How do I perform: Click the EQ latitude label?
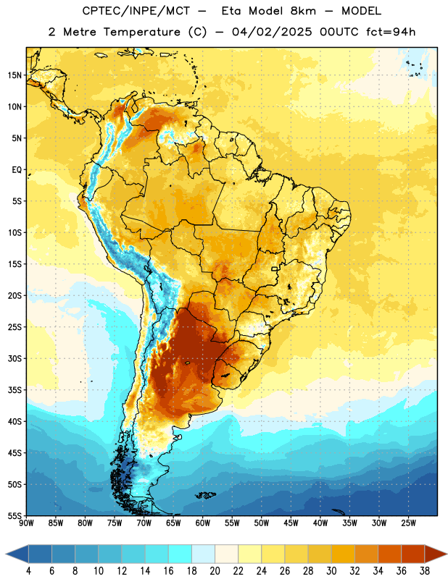coord(17,170)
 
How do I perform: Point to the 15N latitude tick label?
coord(14,75)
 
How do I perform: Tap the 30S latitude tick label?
coord(14,358)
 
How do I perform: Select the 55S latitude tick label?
coord(14,515)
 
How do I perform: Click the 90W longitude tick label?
coord(26,523)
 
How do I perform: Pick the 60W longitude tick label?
coord(203,523)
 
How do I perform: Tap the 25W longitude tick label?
coord(408,523)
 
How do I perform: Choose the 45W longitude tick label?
coord(291,523)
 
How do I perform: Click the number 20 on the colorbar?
coord(215,571)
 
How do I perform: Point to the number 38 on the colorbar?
coord(425,571)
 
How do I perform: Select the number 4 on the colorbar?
coord(28,571)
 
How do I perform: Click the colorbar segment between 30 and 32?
coord(343,554)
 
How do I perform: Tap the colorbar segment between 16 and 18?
coord(181,554)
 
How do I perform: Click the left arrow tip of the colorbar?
coord(6,554)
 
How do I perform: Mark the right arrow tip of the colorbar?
coord(447,554)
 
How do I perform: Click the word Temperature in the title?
coord(141,32)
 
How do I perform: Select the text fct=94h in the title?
coord(391,32)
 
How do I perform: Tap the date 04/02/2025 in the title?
coord(273,32)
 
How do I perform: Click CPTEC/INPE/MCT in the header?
coord(136,11)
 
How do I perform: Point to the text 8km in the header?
coord(303,11)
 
